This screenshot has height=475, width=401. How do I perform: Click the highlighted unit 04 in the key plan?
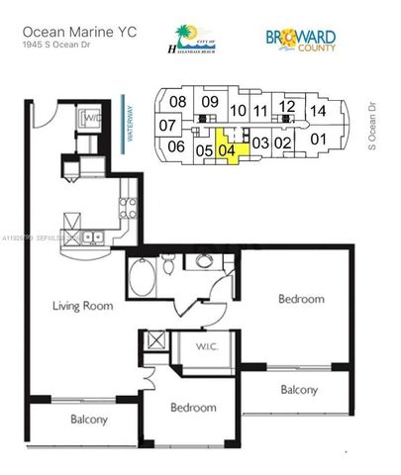pos(228,150)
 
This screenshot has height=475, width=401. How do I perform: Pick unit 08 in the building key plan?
pos(177,102)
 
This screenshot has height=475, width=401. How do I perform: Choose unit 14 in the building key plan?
pos(318,112)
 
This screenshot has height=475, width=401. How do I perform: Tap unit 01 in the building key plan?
pos(319,140)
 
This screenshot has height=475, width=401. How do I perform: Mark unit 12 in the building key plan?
pos(287,105)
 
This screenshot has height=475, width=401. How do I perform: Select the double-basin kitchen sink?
pos(91,236)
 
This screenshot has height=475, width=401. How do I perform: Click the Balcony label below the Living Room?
pos(88,421)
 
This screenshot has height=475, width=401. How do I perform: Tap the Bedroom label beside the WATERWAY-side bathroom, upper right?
pos(300,299)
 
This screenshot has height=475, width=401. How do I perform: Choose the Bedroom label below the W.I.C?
pos(192,408)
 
